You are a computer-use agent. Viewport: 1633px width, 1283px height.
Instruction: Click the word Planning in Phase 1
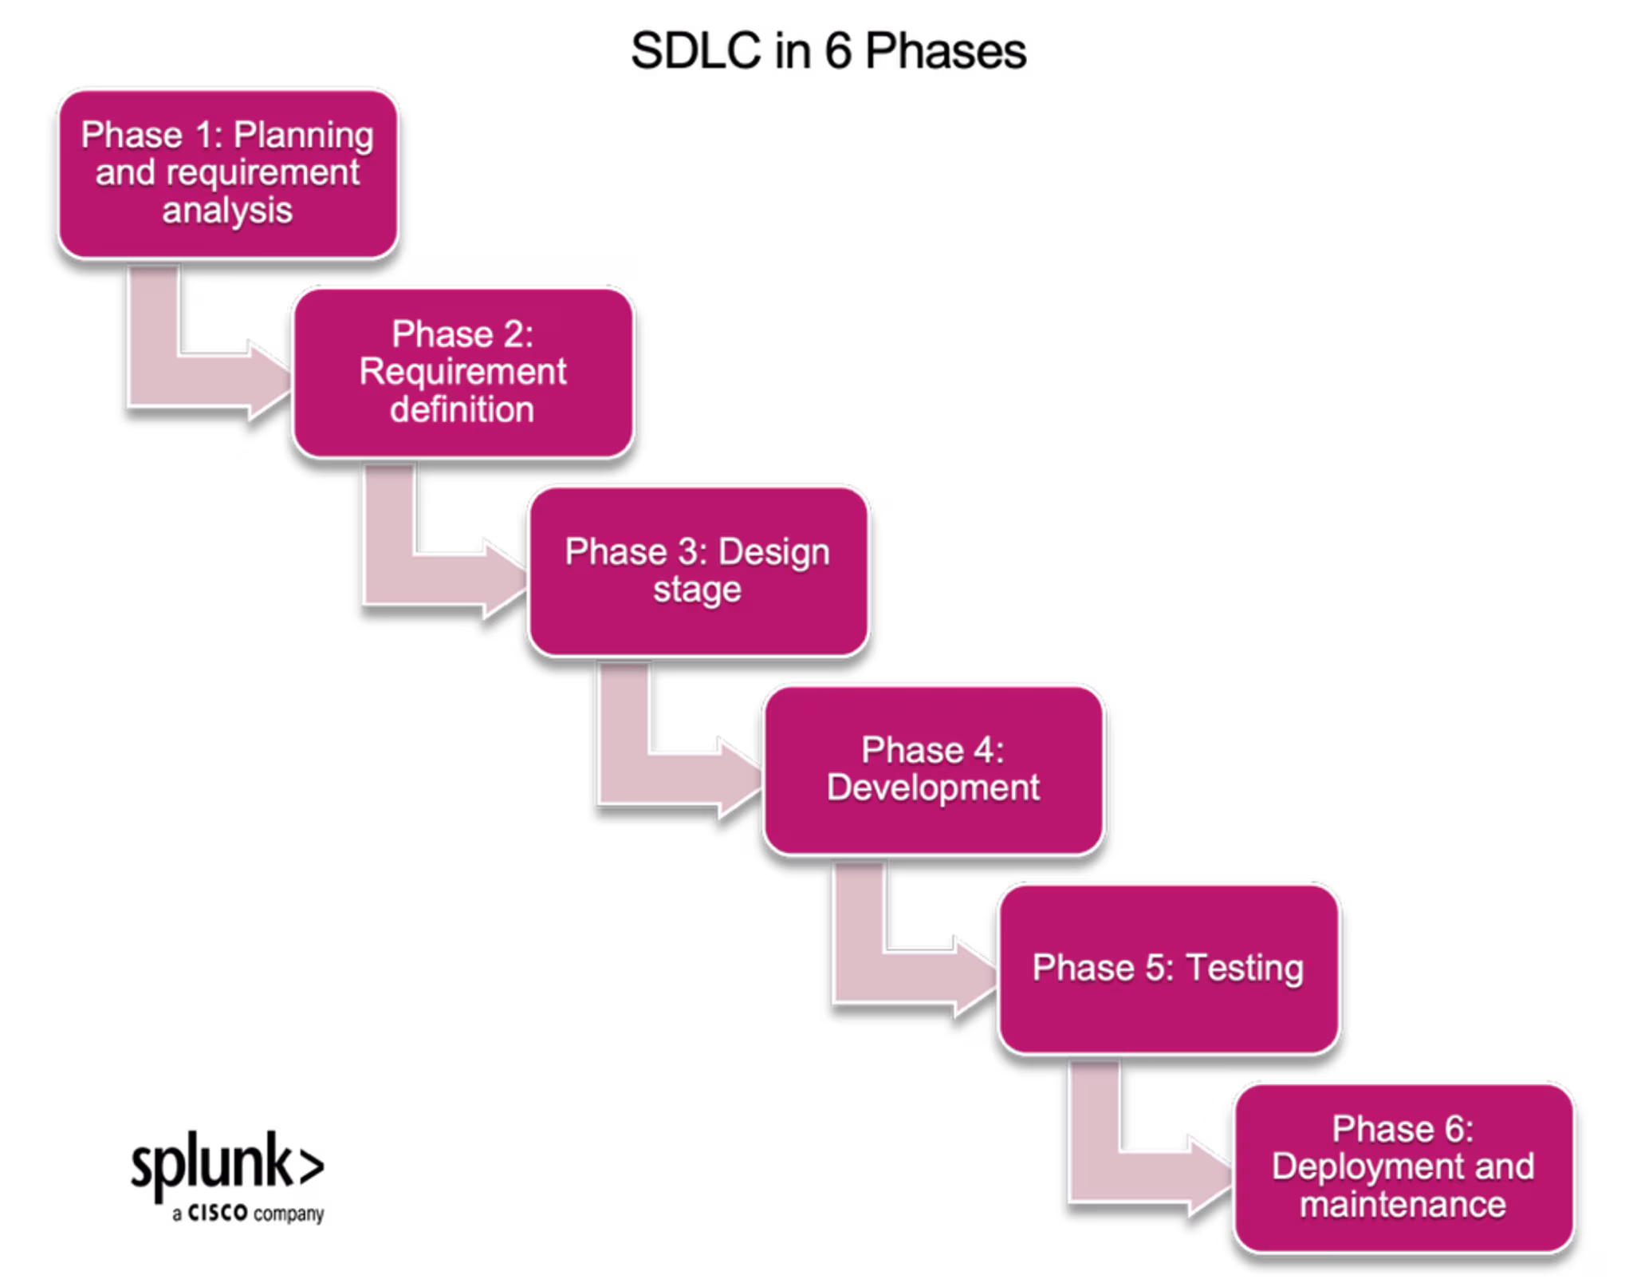304,136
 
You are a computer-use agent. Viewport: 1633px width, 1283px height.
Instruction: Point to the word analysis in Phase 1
227,211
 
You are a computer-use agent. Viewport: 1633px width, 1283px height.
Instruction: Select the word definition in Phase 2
462,410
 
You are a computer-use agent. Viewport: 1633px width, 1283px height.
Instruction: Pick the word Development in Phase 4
933,788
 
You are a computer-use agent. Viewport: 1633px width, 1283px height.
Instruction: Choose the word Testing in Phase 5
1245,969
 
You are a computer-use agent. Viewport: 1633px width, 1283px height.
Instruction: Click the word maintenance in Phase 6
1403,1205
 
